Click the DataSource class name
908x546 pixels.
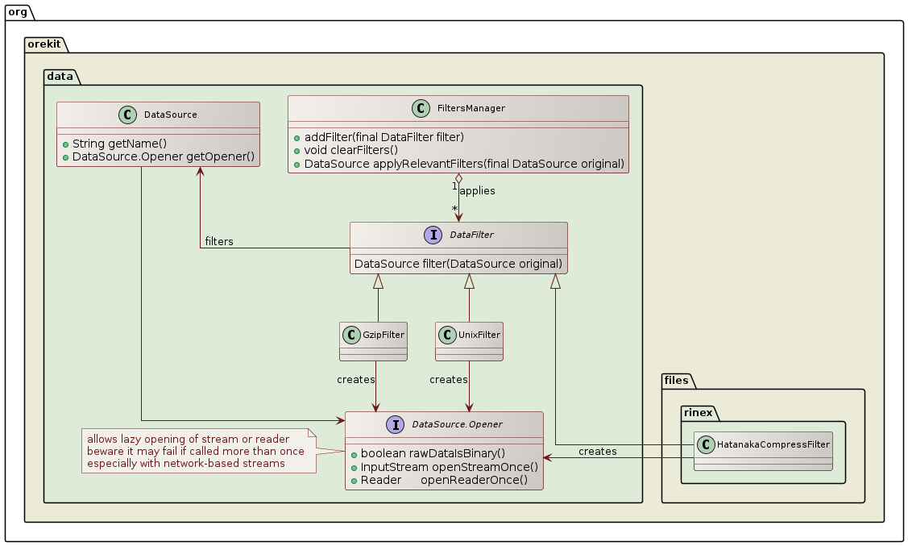coord(170,115)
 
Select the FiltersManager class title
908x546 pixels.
coord(482,108)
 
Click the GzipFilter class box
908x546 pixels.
coord(374,341)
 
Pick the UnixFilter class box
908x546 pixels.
coord(469,341)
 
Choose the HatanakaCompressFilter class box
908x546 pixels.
coord(763,451)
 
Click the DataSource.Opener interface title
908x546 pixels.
coord(457,424)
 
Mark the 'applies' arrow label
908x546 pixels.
coord(477,191)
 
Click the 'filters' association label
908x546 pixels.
coord(219,242)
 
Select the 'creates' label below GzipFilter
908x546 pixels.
coord(356,379)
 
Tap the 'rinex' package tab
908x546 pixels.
coord(699,412)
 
